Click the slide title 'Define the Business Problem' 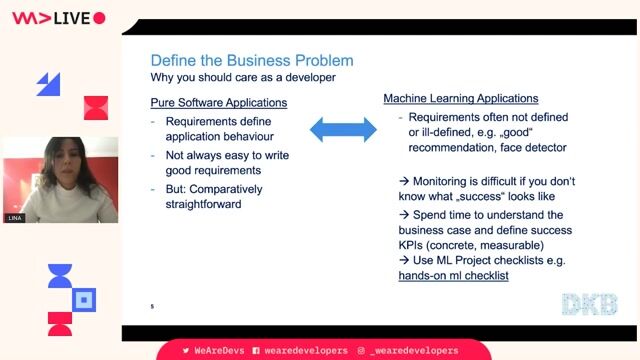(251, 61)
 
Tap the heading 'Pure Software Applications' (218, 103)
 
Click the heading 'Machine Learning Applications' (461, 99)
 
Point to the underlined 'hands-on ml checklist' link (453, 275)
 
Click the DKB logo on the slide (589, 304)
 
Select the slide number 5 (152, 305)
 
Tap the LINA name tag (14, 217)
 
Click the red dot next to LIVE (99, 18)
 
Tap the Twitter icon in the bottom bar (185, 351)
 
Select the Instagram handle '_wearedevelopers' (413, 351)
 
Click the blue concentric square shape (85, 299)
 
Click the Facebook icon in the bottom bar (256, 351)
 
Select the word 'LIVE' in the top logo (71, 18)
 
